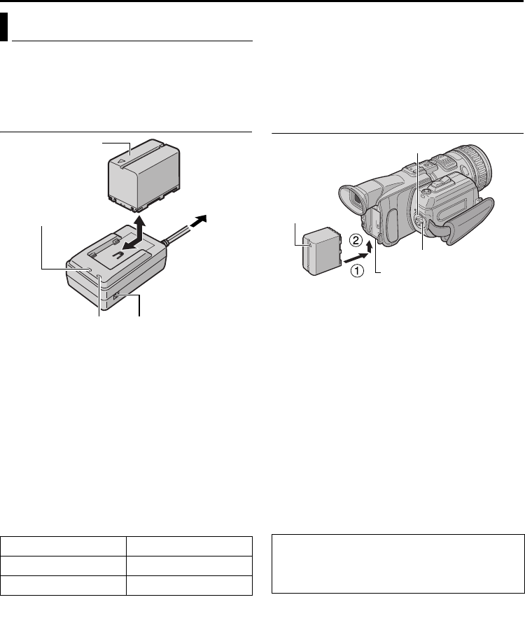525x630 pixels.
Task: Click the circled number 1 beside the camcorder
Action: [x=357, y=270]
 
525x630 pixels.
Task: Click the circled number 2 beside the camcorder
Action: [x=356, y=240]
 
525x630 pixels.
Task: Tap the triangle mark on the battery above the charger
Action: [x=120, y=162]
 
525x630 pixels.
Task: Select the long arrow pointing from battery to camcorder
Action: [x=355, y=258]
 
